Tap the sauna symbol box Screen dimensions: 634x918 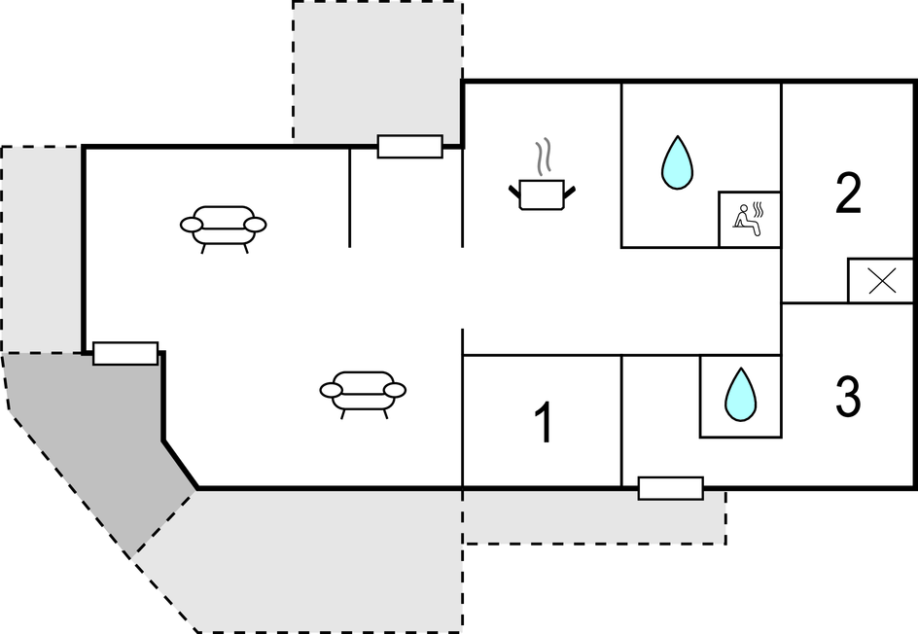tap(749, 219)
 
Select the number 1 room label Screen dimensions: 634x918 tap(544, 423)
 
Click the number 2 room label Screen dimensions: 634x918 tap(848, 194)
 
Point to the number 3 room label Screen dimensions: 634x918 tap(848, 397)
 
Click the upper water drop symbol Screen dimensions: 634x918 tap(677, 162)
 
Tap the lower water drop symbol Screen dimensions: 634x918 tap(741, 395)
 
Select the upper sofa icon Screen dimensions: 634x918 tap(224, 226)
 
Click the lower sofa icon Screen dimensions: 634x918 tap(363, 391)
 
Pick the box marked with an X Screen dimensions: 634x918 tap(880, 281)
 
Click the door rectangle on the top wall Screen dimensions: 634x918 tap(409, 147)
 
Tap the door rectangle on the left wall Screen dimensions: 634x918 tap(125, 353)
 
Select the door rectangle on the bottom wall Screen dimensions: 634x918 tap(670, 488)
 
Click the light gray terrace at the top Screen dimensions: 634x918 tap(377, 68)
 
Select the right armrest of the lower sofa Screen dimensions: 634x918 tap(395, 390)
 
